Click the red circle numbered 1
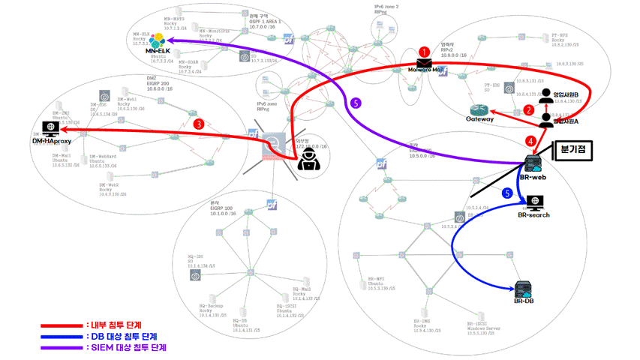click(x=425, y=51)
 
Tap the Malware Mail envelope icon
click(x=425, y=63)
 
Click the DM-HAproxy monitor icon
click(x=52, y=127)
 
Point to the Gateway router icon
click(x=481, y=109)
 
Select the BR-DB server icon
click(x=523, y=289)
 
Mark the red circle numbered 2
click(x=530, y=109)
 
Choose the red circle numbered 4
click(x=530, y=141)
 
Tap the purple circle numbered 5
click(x=356, y=102)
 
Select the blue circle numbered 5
click(x=507, y=193)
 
